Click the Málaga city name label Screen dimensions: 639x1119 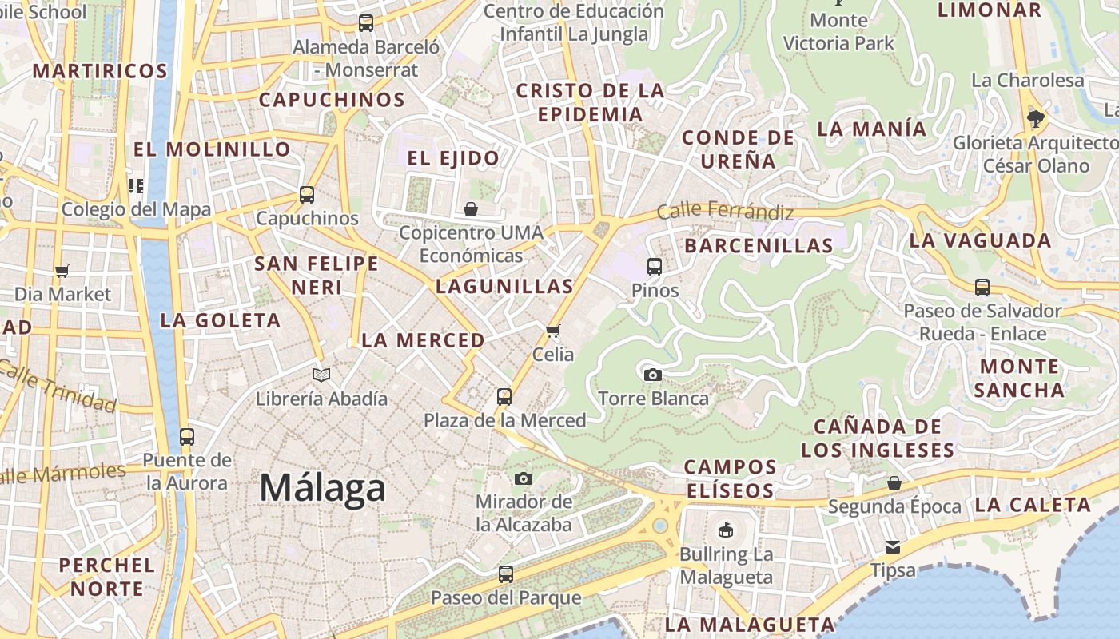click(x=322, y=488)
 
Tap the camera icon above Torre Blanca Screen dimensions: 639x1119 click(x=652, y=375)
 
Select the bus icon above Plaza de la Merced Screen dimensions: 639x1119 click(x=504, y=396)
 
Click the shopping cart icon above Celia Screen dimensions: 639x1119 click(x=552, y=331)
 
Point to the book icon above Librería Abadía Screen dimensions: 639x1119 click(x=321, y=375)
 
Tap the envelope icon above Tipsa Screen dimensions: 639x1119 click(x=892, y=547)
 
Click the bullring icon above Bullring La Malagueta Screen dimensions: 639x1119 click(x=726, y=530)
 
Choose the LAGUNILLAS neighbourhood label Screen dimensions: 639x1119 click(x=504, y=286)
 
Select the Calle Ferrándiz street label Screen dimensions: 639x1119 click(x=725, y=212)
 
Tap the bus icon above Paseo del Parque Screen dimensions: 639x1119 click(x=505, y=574)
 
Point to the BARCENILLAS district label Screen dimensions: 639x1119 click(x=759, y=245)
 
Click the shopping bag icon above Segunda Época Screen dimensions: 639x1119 click(x=894, y=483)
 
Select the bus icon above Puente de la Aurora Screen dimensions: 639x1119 click(x=187, y=436)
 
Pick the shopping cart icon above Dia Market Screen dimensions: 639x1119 click(x=62, y=271)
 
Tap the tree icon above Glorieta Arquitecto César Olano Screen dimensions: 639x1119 click(x=1036, y=119)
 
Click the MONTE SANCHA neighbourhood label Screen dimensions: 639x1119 click(x=1019, y=378)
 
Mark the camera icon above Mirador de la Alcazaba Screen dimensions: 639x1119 click(x=524, y=478)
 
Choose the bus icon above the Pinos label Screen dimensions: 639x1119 click(x=655, y=266)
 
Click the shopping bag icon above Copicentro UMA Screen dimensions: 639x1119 click(x=471, y=209)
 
